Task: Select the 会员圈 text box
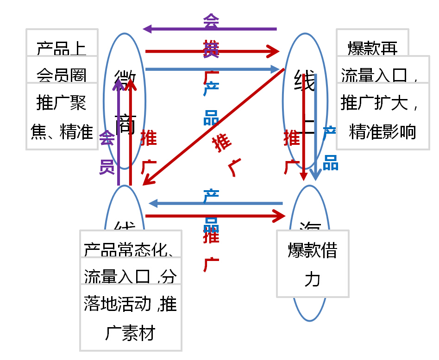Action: (x=62, y=69)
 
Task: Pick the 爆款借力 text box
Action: (x=313, y=264)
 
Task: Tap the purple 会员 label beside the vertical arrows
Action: (x=107, y=153)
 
